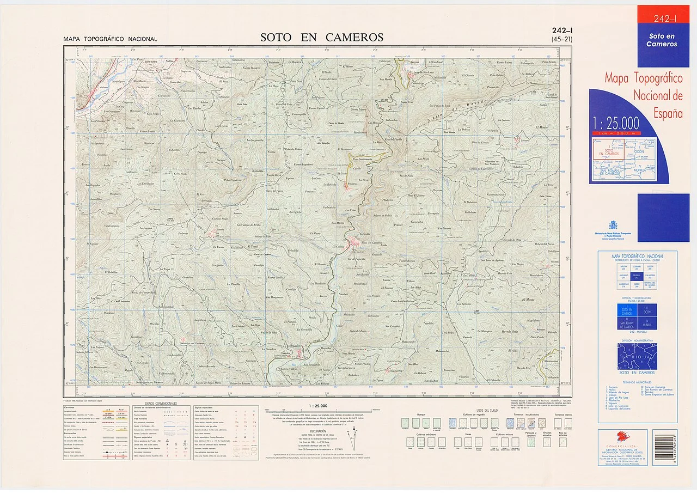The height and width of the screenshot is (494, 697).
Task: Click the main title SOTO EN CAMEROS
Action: [321, 38]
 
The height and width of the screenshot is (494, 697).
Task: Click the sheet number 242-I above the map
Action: [561, 31]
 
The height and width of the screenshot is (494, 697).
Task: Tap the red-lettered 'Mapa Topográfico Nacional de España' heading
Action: [644, 96]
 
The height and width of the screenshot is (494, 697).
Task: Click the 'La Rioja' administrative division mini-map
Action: [637, 356]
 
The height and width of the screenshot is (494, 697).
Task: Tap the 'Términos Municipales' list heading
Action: [637, 383]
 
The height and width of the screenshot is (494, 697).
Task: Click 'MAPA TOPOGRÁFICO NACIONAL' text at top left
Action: [110, 39]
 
